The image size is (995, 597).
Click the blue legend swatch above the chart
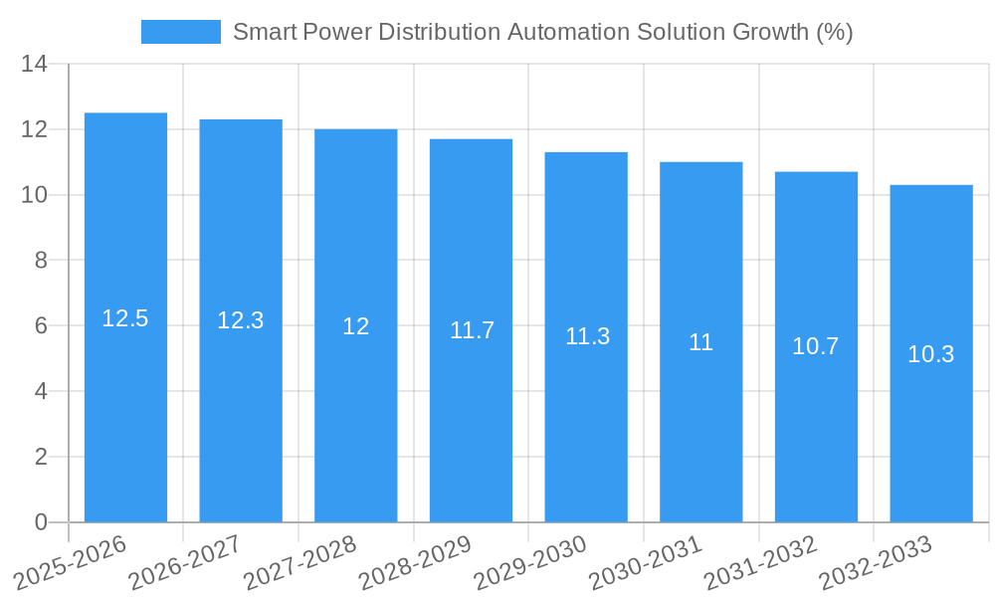(x=180, y=32)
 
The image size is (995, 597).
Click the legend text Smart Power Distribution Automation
(x=542, y=32)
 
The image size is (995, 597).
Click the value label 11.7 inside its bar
(x=472, y=330)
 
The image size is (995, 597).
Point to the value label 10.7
(x=816, y=346)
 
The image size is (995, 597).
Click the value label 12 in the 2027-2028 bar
(x=356, y=325)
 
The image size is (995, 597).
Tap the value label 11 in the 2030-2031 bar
(x=701, y=342)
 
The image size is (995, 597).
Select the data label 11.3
(x=587, y=336)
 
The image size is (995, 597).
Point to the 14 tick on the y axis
(x=34, y=65)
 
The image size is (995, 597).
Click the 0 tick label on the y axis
(x=41, y=522)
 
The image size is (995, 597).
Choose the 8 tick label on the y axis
(x=41, y=261)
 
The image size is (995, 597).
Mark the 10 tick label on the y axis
(x=34, y=195)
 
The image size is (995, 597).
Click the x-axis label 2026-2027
(x=185, y=562)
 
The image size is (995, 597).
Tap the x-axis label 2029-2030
(x=530, y=562)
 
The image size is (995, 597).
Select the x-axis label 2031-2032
(x=761, y=562)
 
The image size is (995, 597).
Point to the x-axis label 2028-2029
(x=415, y=562)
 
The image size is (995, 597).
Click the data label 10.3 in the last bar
(x=931, y=353)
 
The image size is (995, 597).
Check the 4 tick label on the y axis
(x=41, y=391)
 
